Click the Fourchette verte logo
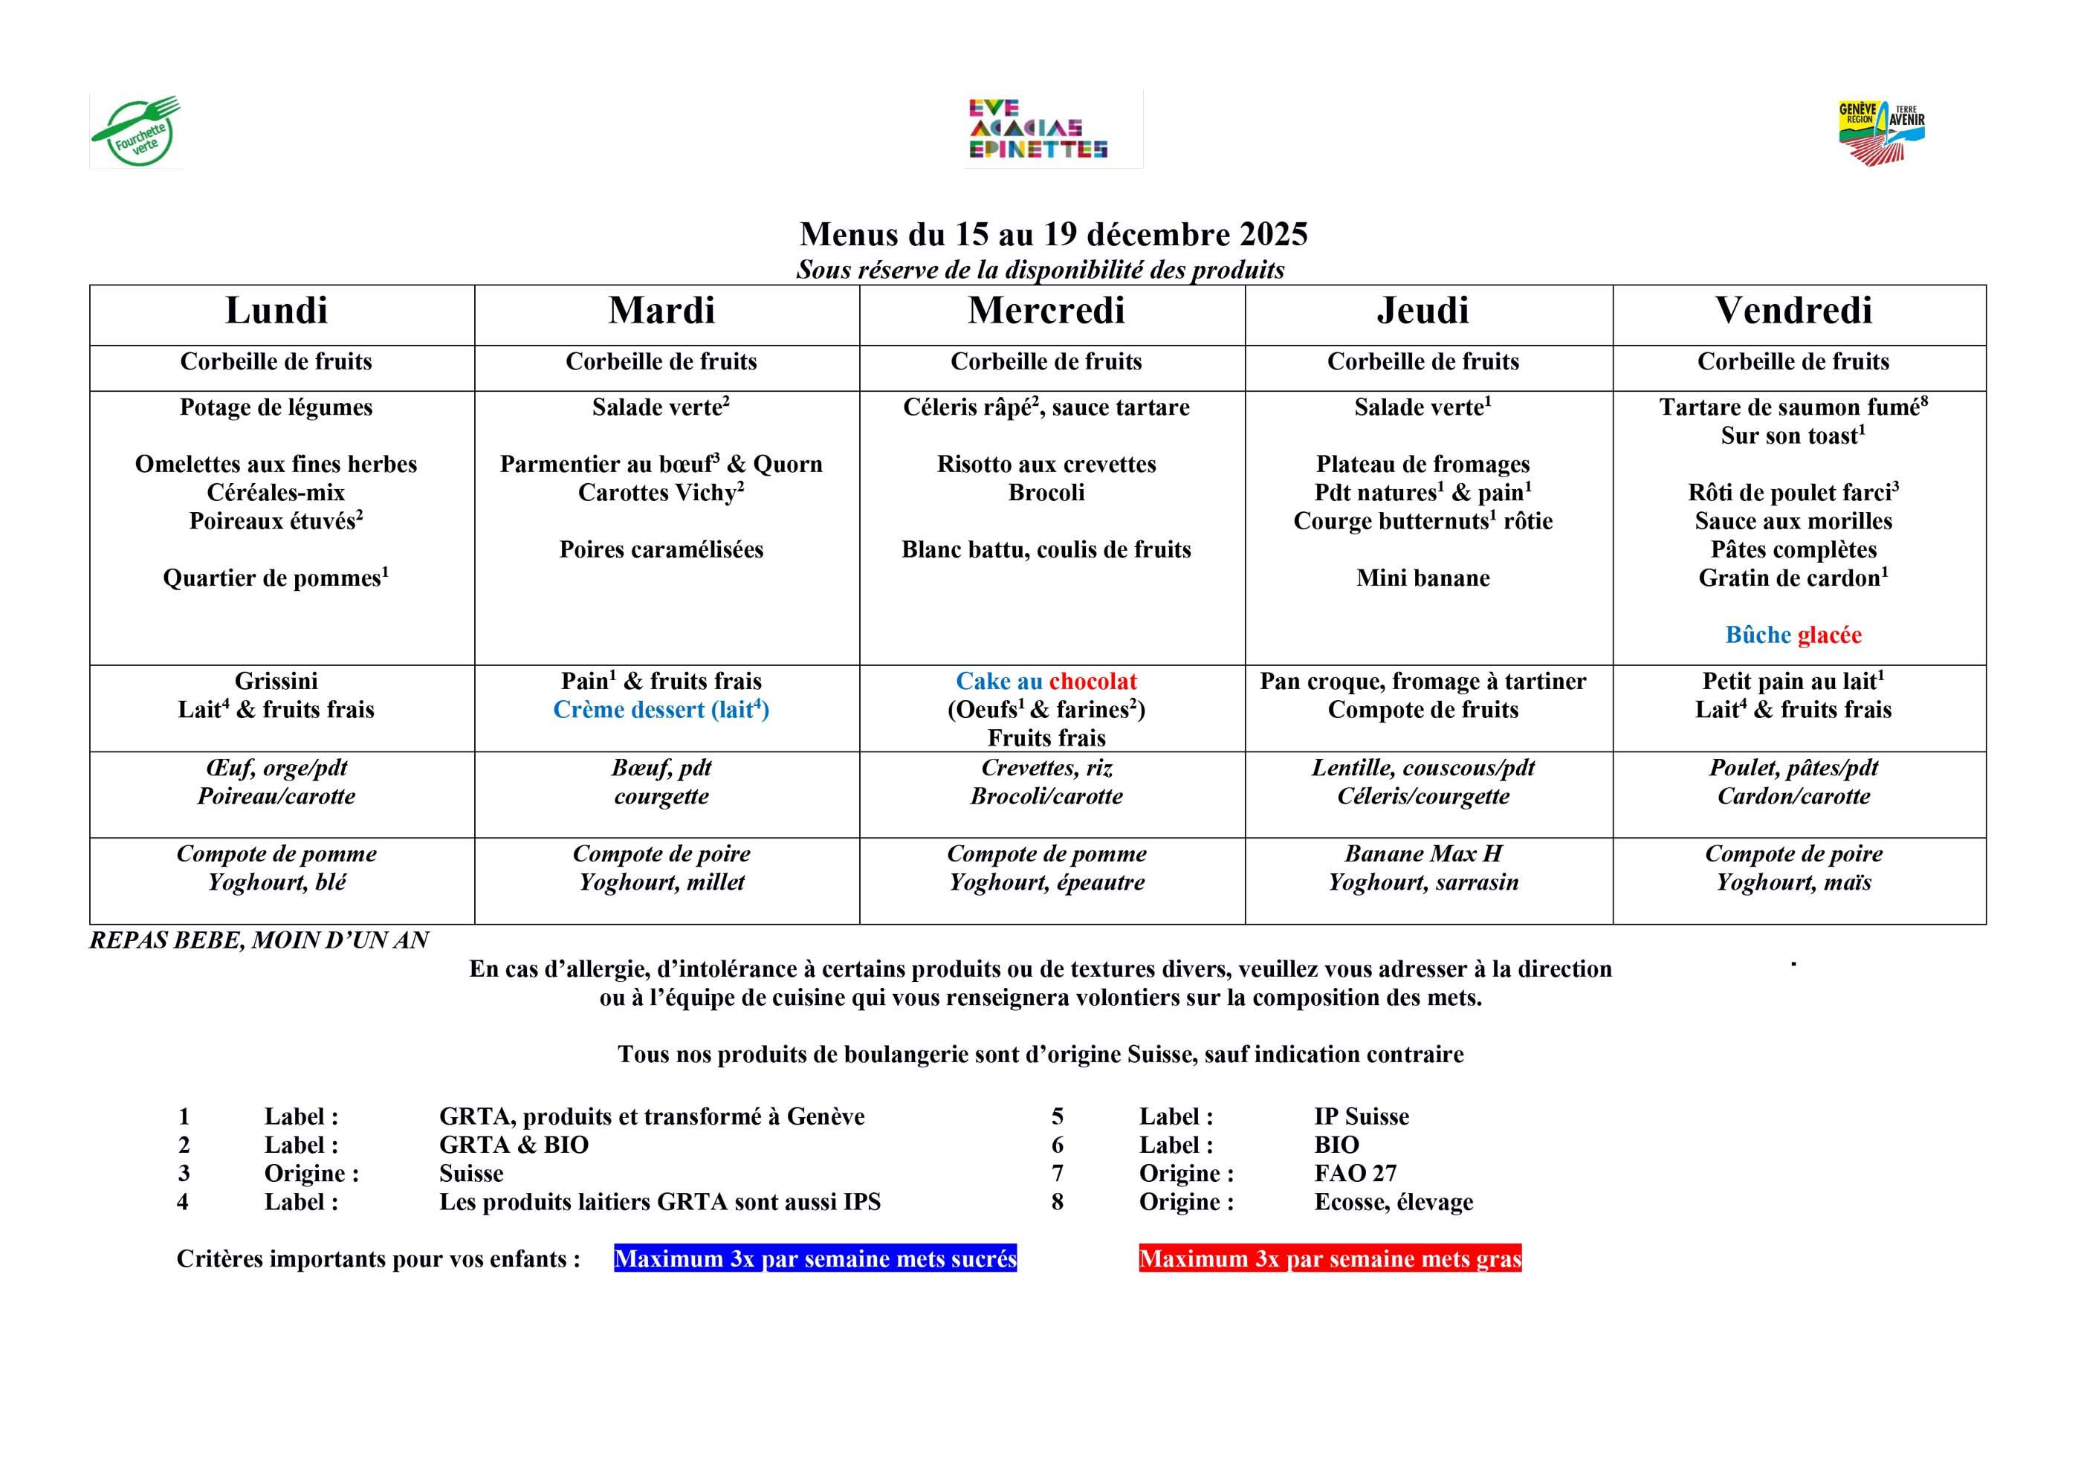(x=136, y=132)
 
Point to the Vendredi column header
(x=1793, y=311)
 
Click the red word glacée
(x=1828, y=636)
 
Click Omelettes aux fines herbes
(x=276, y=464)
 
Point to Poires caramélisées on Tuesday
(x=661, y=549)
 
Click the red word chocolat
(x=1093, y=682)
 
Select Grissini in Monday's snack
(x=276, y=682)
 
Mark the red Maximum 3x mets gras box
(x=1330, y=1259)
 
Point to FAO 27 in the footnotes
(x=1355, y=1174)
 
